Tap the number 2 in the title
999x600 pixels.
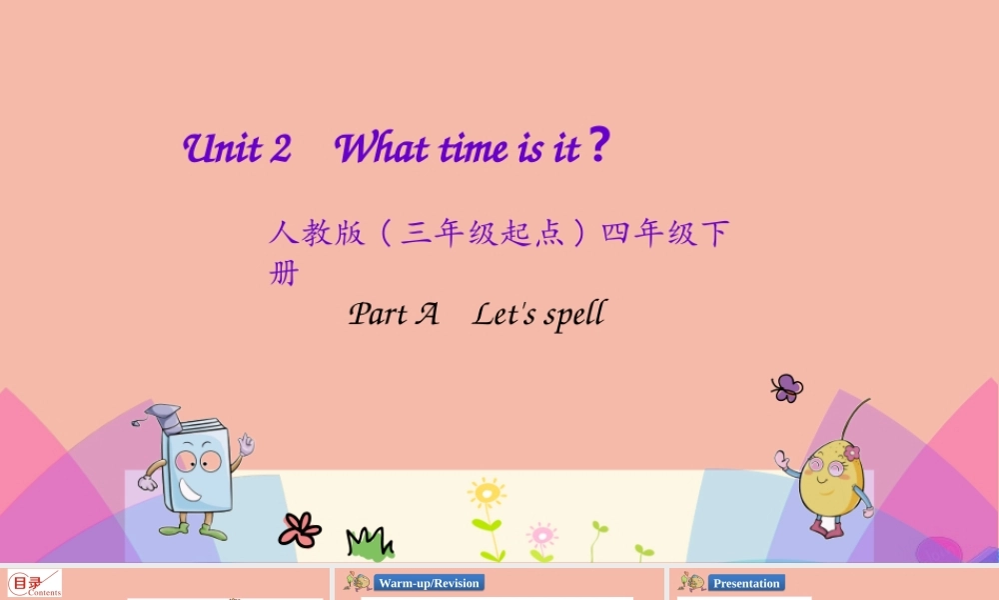click(x=280, y=149)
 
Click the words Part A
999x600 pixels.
click(x=394, y=314)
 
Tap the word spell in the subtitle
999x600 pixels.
click(x=574, y=315)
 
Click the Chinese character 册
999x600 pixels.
click(x=284, y=273)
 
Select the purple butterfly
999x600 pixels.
click(x=787, y=388)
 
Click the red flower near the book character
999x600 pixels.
click(x=300, y=529)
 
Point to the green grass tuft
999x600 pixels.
click(x=369, y=543)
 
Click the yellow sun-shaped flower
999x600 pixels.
click(x=487, y=493)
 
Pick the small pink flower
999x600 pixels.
click(x=541, y=534)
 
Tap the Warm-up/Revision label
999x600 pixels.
click(x=429, y=583)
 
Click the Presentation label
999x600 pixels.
click(x=746, y=583)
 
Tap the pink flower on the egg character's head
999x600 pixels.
click(x=851, y=453)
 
